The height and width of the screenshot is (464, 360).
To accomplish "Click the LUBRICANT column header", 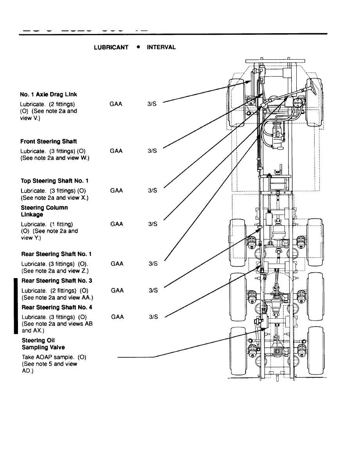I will pos(111,47).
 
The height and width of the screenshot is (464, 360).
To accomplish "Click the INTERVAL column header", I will pos(161,47).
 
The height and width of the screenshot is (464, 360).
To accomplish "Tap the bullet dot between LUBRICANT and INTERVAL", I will pos(138,47).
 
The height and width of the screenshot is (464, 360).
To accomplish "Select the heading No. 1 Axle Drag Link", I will pos(48,95).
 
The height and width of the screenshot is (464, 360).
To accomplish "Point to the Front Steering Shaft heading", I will pos(48,141).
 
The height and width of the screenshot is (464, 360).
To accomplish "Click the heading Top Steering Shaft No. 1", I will pos(54,181).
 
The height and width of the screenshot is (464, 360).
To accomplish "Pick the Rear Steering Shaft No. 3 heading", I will pos(57,281).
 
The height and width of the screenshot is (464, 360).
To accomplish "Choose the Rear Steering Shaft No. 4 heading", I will pos(57,307).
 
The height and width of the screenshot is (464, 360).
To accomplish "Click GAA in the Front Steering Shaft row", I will pos(116,151).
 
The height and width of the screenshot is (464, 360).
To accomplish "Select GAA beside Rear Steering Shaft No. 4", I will pos(117,317).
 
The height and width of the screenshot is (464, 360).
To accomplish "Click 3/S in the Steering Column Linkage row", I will pos(153,224).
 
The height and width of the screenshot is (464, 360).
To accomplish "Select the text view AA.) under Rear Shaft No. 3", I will pos(79,298).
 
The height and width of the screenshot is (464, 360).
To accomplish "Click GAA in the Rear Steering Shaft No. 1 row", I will pos(117,264).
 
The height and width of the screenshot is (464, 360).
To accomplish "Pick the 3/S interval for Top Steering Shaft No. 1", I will pos(153,191).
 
